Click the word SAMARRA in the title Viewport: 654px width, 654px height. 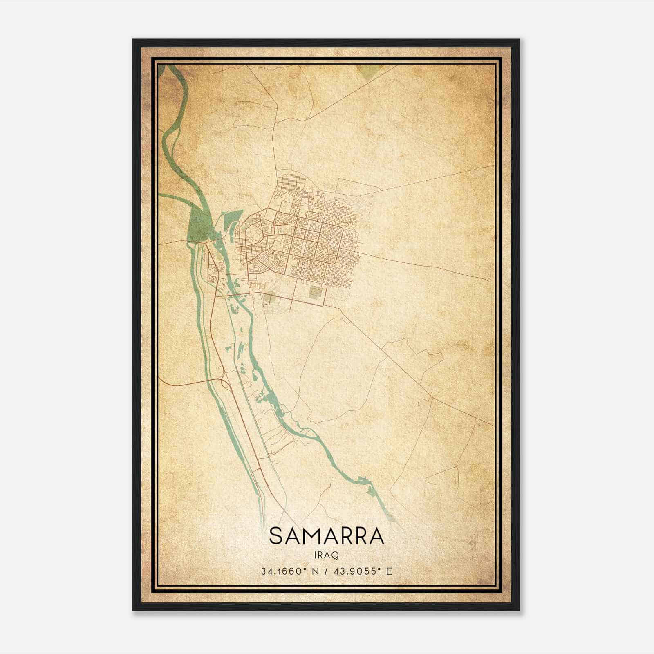pyautogui.click(x=327, y=536)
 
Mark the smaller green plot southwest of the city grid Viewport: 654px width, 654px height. pyautogui.click(x=269, y=298)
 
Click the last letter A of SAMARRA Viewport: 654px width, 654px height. pyautogui.click(x=376, y=536)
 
